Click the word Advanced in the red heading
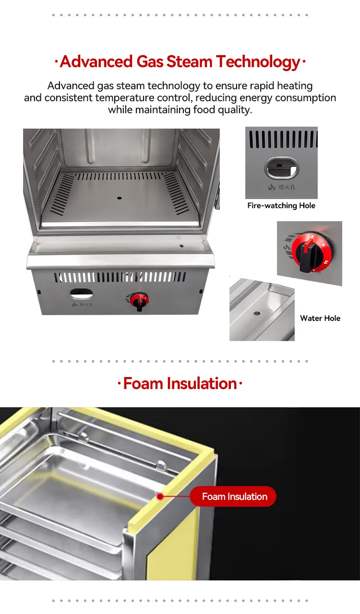pos(96,61)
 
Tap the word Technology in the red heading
pos(258,62)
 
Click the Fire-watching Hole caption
pos(281,206)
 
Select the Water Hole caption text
pos(320,318)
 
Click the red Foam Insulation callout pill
pos(233,496)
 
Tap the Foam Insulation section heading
pos(180,383)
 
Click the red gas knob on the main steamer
pos(139,300)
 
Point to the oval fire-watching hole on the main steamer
pos(81,294)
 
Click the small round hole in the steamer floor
pos(120,198)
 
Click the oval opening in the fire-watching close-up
pos(282,168)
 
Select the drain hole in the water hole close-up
pos(257,313)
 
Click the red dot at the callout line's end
pos(160,496)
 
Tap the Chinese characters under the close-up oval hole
pos(287,187)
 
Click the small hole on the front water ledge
pos(181,246)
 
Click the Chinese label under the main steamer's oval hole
pos(86,305)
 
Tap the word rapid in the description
pos(262,86)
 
